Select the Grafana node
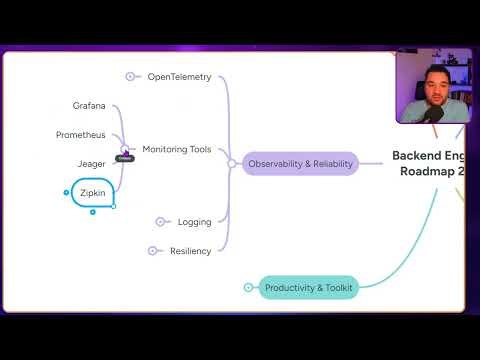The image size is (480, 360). pos(89,106)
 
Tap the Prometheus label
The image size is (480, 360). pos(80,134)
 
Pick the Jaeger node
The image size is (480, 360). pos(91,163)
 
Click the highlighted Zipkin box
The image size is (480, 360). pos(92,192)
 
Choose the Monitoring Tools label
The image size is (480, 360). pos(176,149)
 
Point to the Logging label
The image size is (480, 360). pos(194,222)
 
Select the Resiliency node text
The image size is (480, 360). pos(190,251)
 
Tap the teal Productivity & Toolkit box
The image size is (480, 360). pos(309,288)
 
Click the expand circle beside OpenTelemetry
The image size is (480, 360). pos(130,76)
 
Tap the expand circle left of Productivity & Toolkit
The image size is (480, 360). pos(248,288)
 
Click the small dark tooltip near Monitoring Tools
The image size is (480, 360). pos(124,158)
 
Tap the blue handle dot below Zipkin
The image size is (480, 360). pos(92,212)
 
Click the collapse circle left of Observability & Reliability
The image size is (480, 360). pos(232,163)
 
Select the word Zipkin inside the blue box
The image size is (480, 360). pos(92,192)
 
